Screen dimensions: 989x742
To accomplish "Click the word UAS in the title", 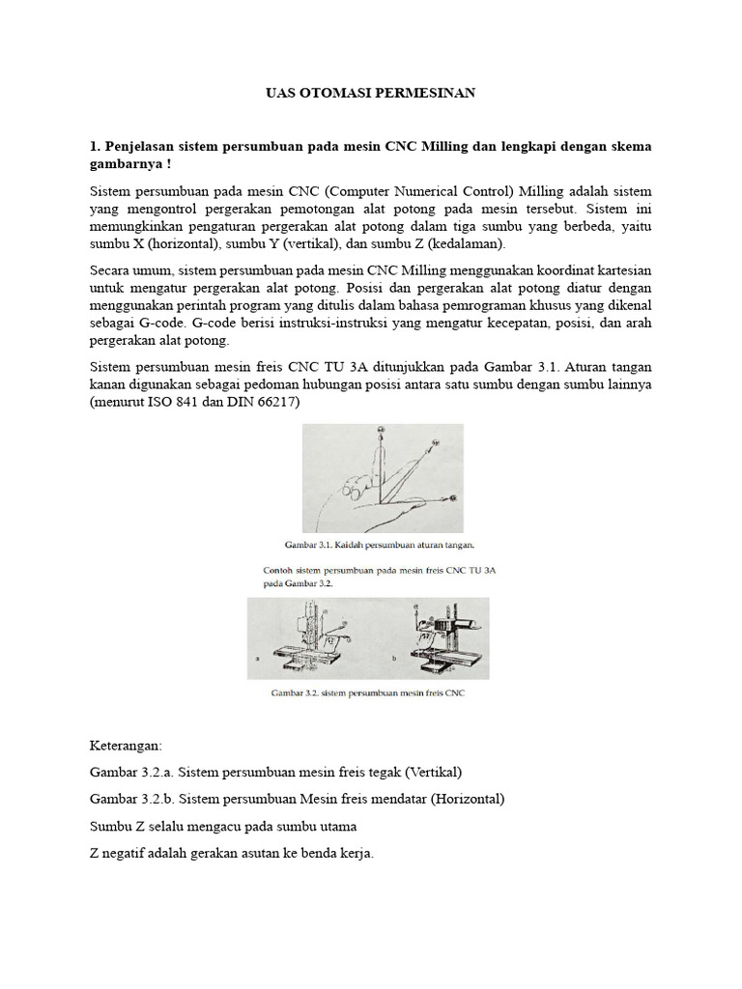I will click(x=279, y=93).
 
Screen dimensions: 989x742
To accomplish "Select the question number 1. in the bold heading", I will click(x=95, y=147).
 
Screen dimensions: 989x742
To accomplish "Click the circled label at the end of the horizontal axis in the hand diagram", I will click(x=455, y=499).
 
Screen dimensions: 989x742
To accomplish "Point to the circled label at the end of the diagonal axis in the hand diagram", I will click(x=435, y=444).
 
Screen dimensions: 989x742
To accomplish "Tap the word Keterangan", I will click(x=127, y=747).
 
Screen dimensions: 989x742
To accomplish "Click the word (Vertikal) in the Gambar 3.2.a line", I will click(x=434, y=773).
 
